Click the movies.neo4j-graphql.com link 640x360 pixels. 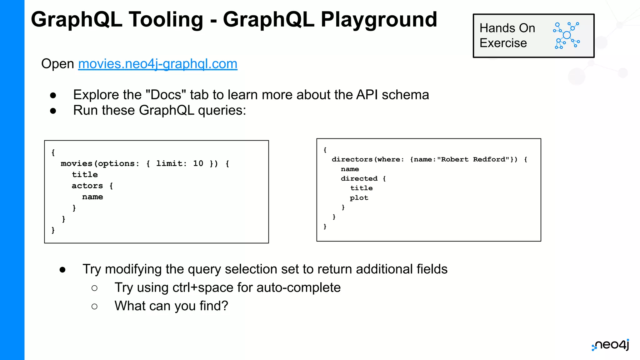157,64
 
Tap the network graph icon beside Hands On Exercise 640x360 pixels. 566,35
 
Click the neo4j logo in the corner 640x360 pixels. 611,345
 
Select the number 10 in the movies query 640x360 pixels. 198,163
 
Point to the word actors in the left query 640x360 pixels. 87,186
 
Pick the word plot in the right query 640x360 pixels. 359,198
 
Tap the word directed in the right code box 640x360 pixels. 359,178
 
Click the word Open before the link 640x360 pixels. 57,64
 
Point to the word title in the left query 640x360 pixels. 85,174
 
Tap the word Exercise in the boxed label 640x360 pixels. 503,43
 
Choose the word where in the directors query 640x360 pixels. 389,159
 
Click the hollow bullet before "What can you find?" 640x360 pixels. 94,307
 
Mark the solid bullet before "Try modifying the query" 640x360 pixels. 62,270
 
